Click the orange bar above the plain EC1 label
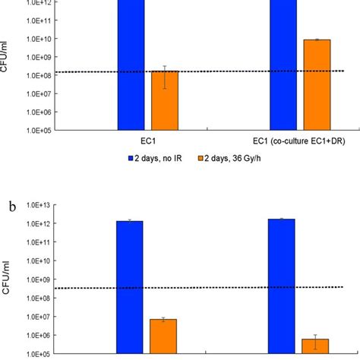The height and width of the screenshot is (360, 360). point(164,101)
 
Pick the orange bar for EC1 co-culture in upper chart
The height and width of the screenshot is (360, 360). point(316,85)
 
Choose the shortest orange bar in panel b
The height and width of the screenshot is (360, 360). point(315,346)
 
